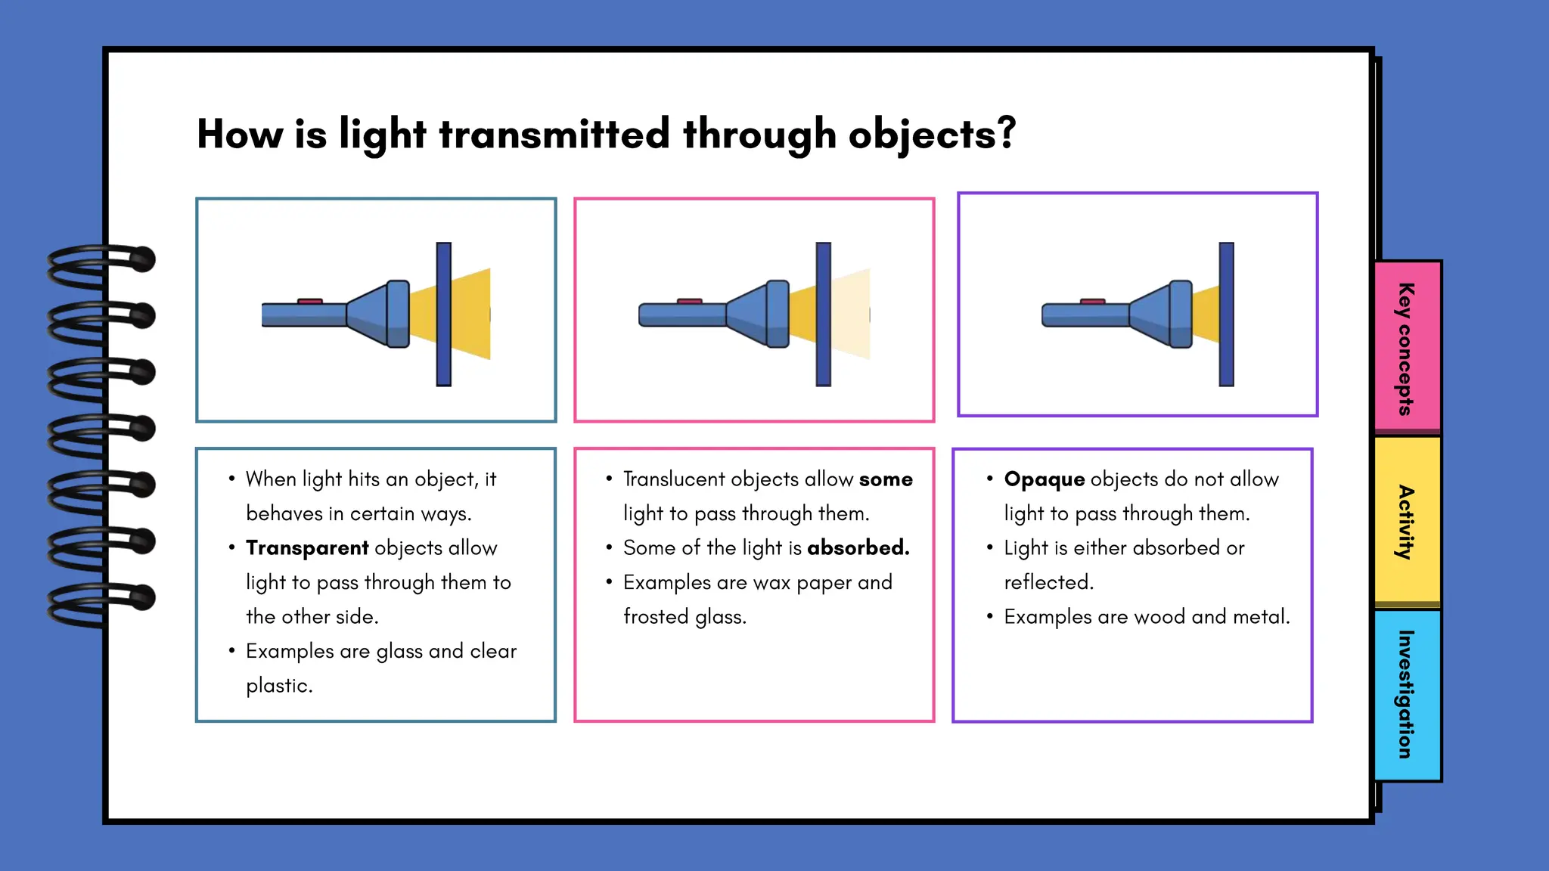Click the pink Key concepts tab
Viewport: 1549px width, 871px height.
(1407, 348)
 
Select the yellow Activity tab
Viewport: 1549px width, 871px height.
(1407, 522)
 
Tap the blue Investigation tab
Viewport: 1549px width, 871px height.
(1407, 694)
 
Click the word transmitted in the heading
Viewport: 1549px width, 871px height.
(554, 134)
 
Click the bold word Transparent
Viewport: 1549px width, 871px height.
(307, 547)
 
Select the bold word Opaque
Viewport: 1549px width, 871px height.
(1045, 479)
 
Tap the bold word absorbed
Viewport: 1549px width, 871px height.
(858, 547)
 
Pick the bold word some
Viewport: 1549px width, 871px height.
(886, 479)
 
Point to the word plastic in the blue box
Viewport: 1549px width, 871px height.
(278, 686)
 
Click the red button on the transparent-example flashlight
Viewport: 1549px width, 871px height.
(310, 301)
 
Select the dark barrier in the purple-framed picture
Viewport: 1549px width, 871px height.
(1226, 314)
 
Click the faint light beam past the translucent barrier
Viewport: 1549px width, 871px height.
(851, 314)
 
